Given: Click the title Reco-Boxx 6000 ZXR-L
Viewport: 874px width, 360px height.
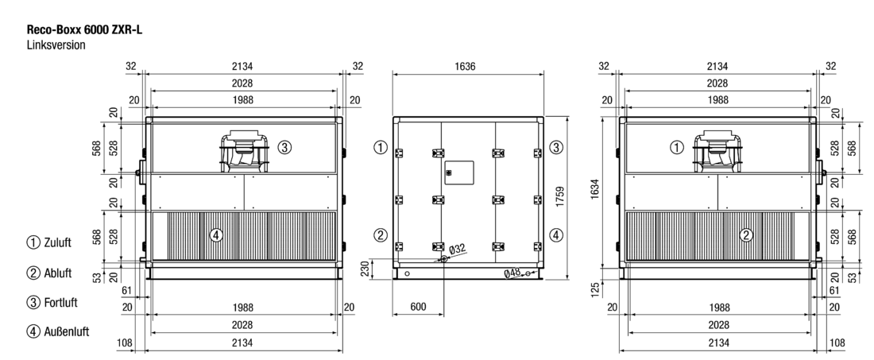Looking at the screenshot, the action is pos(84,30).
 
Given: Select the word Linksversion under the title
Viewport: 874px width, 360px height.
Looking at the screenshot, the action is pos(56,45).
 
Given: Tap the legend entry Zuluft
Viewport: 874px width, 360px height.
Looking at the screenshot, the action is pos(49,242).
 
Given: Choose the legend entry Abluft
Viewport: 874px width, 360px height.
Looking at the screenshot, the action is pos(49,273).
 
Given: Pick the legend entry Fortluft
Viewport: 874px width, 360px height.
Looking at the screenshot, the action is pos(52,303).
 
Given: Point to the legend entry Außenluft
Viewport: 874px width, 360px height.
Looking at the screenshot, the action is pos(58,331).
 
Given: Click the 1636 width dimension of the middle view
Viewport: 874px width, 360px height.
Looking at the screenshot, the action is pos(465,67).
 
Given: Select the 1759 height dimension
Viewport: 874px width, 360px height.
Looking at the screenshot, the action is pos(560,197).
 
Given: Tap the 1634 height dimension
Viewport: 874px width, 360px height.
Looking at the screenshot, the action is pos(595,189).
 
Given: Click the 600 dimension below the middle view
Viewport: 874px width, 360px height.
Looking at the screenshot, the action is pos(418,307).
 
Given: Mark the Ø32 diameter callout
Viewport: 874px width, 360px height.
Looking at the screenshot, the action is pos(457,249).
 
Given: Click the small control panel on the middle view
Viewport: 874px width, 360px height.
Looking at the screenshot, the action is pos(459,172).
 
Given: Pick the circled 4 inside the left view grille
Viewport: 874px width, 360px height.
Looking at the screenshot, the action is pos(215,235).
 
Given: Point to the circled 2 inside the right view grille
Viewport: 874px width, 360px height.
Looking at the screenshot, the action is pos(746,235).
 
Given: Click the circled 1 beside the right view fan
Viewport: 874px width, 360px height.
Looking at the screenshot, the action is pos(676,148).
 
